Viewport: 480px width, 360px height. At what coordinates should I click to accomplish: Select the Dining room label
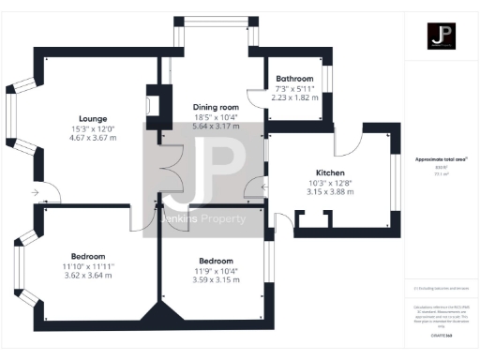[216, 107]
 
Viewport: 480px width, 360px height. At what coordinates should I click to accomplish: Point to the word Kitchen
[331, 173]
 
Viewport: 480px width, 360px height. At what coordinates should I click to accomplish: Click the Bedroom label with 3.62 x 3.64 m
[88, 256]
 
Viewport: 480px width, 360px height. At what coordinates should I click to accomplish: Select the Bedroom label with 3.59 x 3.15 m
[215, 262]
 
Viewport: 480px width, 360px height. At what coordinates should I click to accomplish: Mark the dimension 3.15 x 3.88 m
[331, 191]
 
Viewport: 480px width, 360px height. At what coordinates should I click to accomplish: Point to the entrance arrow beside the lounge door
[36, 194]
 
